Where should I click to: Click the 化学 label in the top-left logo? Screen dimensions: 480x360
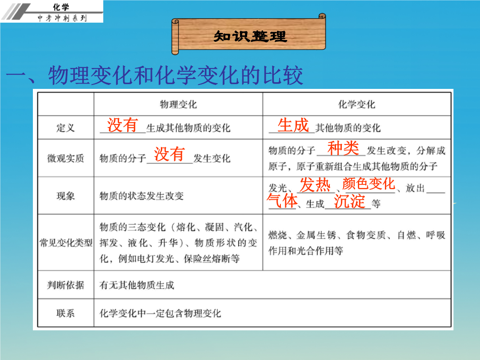coord(61,7)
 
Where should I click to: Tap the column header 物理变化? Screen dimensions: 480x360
coord(178,104)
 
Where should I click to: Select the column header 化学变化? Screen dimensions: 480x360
coord(356,104)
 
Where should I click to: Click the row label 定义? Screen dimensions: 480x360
coord(65,128)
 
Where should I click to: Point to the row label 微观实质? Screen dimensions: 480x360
coord(65,158)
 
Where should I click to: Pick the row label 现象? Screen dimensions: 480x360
coord(65,196)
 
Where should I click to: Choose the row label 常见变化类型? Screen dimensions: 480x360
coord(66,243)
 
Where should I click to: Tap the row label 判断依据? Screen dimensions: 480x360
coord(65,285)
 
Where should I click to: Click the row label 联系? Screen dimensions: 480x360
coord(65,313)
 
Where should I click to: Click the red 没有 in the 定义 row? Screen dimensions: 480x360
coord(123,125)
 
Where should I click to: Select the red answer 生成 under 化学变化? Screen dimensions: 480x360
coord(293,125)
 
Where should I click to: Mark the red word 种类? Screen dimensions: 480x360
coord(343,148)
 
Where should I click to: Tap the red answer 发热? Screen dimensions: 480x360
coord(315,185)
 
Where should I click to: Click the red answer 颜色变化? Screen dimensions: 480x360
coord(369,184)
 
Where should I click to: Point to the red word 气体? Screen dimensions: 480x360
coord(282,201)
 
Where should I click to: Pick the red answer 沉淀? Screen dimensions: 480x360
coord(349,201)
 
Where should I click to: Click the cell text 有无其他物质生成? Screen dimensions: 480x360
coord(137,285)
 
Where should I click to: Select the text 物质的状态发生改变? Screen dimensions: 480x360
coord(141,196)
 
